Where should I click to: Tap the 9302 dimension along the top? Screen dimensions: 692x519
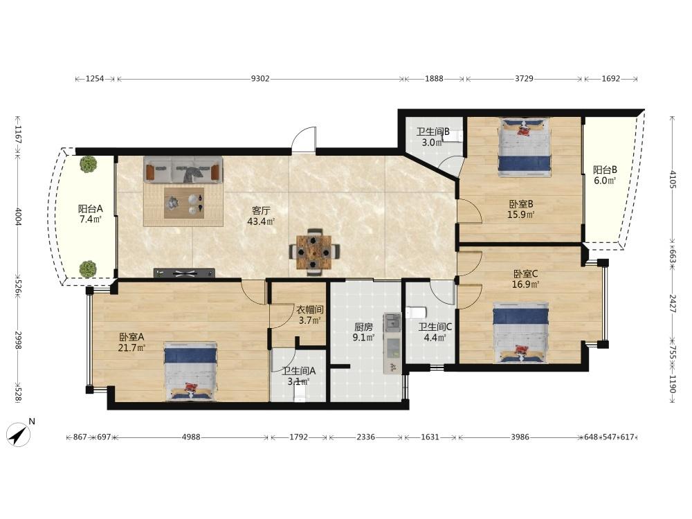click(x=260, y=79)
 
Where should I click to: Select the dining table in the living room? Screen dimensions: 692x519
click(x=314, y=252)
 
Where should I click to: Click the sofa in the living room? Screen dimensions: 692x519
click(x=183, y=169)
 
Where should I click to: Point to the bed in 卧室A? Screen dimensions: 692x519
click(x=191, y=371)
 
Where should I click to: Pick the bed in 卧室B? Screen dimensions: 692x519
click(x=525, y=147)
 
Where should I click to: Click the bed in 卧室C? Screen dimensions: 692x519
click(x=521, y=332)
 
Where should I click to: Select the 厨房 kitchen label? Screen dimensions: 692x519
click(x=364, y=327)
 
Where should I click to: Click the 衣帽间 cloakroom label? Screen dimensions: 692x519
click(x=310, y=310)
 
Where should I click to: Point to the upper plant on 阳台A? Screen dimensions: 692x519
click(x=89, y=165)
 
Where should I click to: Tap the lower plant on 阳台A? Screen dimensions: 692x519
click(x=89, y=268)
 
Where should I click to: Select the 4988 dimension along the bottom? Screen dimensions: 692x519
click(x=191, y=437)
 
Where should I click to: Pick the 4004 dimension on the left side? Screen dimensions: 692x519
click(x=18, y=217)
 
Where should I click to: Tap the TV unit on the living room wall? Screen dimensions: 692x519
click(x=185, y=273)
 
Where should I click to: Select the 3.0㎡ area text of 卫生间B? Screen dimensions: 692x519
click(x=432, y=143)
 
